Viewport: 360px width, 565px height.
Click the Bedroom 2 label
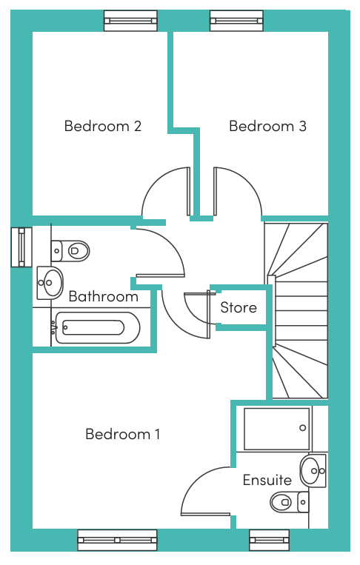103,126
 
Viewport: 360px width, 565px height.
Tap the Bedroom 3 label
267,126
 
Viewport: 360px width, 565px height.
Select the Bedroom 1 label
122,434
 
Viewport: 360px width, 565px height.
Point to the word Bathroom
104,296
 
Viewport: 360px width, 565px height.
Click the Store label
239,307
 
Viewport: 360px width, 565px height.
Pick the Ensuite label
267,480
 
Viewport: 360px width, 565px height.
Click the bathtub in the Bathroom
96,327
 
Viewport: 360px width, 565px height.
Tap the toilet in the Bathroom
70,251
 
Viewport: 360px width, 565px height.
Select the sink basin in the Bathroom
50,283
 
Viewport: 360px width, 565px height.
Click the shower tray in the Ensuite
277,429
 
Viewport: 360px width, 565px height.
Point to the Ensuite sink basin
313,471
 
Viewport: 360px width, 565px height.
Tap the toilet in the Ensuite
290,502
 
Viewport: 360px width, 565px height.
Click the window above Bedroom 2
131,21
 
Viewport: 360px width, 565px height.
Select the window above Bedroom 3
237,21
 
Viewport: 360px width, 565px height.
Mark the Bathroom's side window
21,247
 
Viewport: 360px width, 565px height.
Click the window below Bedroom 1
118,540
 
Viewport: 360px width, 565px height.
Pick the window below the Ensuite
269,540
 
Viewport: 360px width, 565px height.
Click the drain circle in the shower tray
303,428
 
